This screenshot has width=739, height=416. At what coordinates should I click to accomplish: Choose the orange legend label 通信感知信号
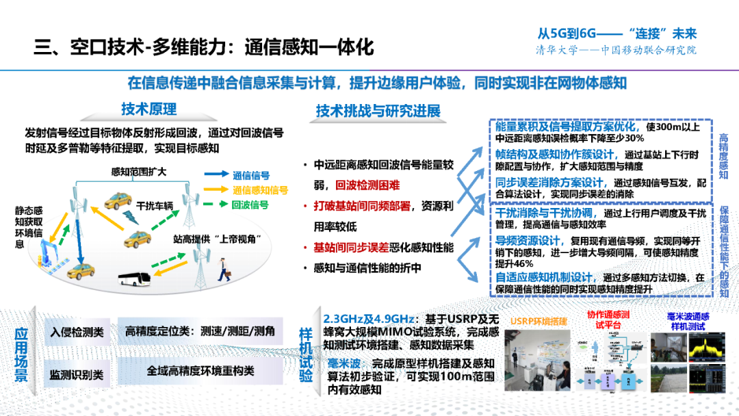point(260,190)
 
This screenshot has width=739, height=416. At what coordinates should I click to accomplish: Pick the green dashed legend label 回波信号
point(250,205)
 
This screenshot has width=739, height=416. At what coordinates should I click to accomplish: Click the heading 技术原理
point(149,109)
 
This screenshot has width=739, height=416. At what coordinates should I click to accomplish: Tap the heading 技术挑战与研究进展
point(378,111)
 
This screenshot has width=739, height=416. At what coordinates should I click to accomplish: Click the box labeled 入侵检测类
point(77,333)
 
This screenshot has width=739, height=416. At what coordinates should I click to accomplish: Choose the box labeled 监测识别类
point(77,374)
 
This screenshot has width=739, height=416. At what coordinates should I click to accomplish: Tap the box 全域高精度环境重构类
point(200,371)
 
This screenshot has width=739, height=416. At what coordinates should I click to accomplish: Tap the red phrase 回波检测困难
point(368,185)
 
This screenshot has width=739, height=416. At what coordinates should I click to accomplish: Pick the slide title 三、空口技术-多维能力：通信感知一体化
point(205,47)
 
